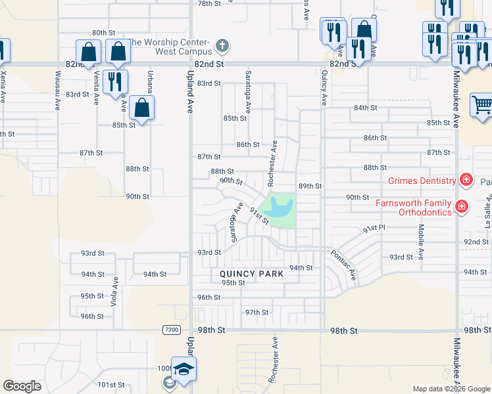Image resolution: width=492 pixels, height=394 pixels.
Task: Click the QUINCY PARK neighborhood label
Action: click(252, 274)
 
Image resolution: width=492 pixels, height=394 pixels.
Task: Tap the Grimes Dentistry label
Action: click(422, 181)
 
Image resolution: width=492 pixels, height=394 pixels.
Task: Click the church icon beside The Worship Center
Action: click(223, 47)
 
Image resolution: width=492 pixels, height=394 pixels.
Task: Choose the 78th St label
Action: click(210, 3)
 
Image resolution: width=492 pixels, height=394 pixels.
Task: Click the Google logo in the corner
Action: click(22, 386)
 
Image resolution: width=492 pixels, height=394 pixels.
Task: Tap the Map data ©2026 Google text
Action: click(451, 389)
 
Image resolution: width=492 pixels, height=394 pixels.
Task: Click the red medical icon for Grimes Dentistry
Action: click(466, 180)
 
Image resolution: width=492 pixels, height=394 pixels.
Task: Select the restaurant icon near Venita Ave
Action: click(116, 81)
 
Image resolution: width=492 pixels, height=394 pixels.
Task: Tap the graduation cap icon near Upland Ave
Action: click(184, 368)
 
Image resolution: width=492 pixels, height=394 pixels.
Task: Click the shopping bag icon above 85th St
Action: click(141, 106)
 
